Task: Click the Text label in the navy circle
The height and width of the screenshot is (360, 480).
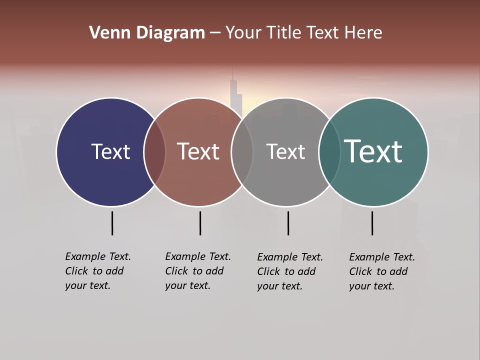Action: point(110,151)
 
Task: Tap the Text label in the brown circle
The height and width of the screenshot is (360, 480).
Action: point(198,151)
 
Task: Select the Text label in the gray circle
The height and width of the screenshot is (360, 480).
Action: point(285,151)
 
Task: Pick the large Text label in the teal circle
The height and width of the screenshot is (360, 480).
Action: point(373,151)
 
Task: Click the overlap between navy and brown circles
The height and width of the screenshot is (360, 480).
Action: point(154,151)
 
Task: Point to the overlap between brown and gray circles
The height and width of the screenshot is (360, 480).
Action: point(242,151)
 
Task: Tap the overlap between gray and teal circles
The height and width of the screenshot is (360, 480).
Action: point(329,151)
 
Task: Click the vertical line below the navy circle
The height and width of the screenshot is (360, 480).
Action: point(112,223)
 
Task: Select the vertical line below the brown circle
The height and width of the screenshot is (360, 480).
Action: point(200,223)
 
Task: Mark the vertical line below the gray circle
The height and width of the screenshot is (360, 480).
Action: point(288,223)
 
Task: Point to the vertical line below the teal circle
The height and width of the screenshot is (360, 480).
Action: point(372,223)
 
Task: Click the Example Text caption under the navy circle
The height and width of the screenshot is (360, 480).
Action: point(97,271)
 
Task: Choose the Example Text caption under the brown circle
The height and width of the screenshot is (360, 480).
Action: point(197,271)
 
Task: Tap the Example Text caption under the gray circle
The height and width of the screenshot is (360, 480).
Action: point(289,271)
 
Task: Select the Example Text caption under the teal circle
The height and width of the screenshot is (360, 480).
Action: point(381,271)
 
